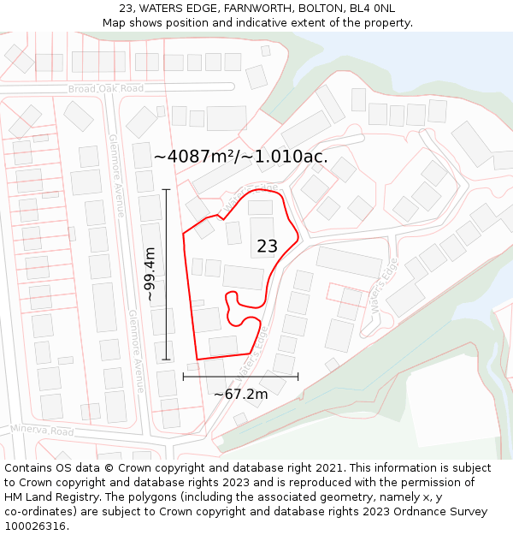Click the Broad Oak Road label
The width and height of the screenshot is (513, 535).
click(106, 89)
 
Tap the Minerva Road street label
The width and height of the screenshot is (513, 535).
click(42, 430)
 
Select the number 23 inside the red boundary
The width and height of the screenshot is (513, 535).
click(267, 247)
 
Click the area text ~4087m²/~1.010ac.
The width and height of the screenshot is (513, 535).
click(240, 157)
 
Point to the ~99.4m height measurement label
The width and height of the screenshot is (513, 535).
click(150, 274)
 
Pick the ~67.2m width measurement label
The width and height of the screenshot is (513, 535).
click(240, 394)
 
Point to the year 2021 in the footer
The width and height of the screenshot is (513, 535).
click(326, 468)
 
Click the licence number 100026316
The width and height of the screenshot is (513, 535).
click(36, 526)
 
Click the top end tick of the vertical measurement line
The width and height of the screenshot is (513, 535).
click(166, 189)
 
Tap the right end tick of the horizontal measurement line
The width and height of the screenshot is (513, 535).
click(298, 376)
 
